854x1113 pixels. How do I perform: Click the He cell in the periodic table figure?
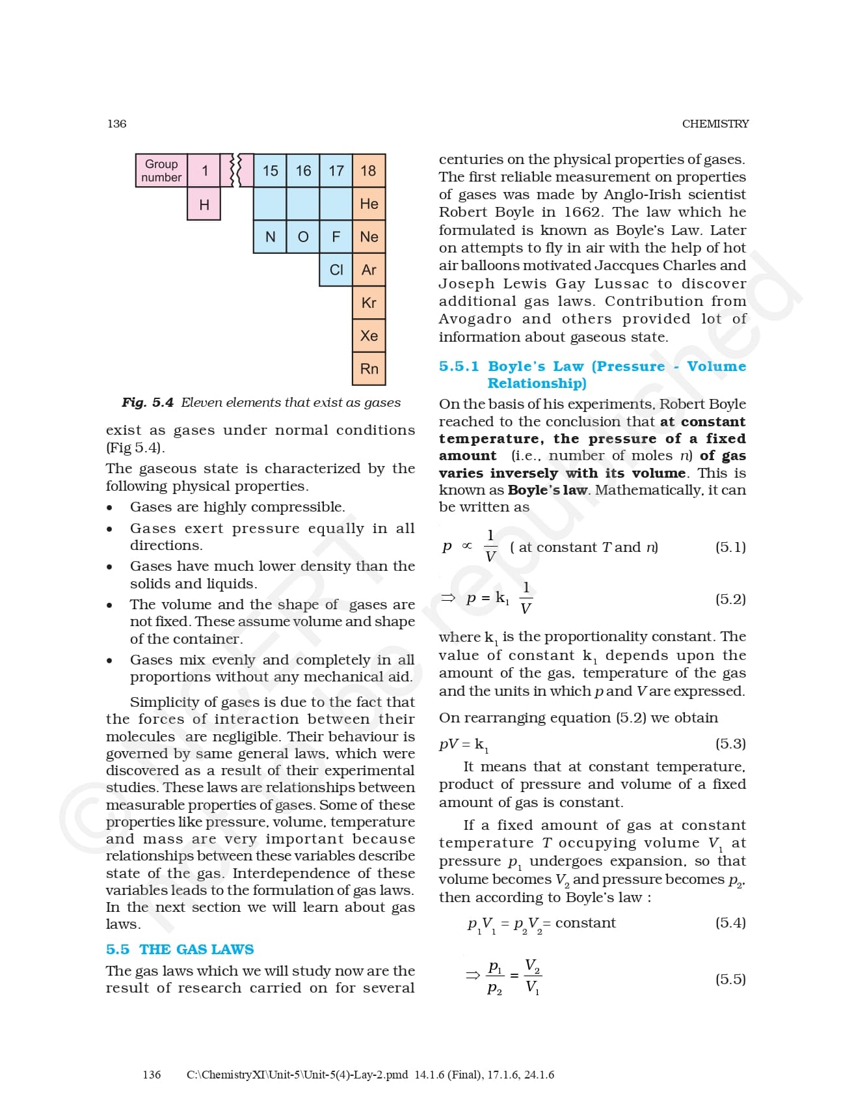(x=369, y=204)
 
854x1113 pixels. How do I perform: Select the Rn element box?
(x=369, y=368)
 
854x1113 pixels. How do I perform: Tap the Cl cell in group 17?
(x=336, y=269)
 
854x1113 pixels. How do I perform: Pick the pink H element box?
(x=204, y=204)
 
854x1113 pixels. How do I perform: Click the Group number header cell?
(x=161, y=171)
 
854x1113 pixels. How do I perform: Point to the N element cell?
(x=270, y=237)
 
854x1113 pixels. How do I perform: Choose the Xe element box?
(x=369, y=336)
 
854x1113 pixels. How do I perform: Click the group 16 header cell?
(x=303, y=171)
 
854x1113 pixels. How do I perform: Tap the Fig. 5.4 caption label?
(x=148, y=403)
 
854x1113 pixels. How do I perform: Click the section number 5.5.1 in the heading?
(x=459, y=366)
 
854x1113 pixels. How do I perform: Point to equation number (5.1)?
(x=730, y=547)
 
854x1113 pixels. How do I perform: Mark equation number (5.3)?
(x=730, y=743)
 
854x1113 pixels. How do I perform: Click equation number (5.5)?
(x=730, y=979)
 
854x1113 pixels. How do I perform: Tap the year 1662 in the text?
(x=582, y=212)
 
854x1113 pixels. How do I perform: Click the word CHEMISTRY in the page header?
(x=715, y=124)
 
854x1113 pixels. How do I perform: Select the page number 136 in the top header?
(x=117, y=124)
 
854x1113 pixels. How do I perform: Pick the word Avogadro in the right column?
(x=475, y=319)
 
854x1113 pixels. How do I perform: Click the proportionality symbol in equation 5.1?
(x=467, y=546)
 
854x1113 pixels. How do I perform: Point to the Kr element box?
(x=369, y=303)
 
